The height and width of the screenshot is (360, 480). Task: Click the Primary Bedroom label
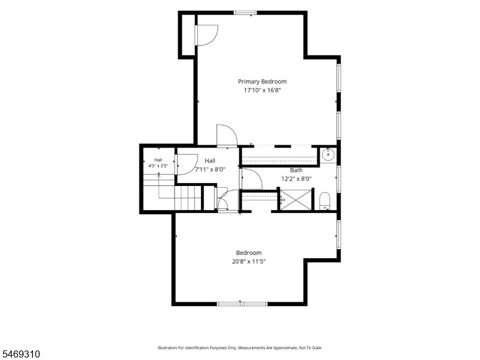click(x=262, y=82)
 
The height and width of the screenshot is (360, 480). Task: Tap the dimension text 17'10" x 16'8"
click(x=262, y=91)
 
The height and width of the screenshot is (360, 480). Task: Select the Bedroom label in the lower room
click(x=248, y=253)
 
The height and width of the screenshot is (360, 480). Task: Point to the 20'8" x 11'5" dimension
click(x=248, y=262)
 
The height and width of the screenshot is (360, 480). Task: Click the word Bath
click(x=296, y=170)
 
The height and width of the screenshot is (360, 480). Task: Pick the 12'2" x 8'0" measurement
click(x=296, y=179)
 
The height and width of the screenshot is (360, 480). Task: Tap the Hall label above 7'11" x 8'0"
click(x=210, y=161)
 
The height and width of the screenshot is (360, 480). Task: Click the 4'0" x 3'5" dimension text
click(x=158, y=166)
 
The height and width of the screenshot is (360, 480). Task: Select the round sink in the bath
click(x=328, y=155)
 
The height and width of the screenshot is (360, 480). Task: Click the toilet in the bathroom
click(x=325, y=201)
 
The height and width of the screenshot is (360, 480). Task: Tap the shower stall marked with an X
click(x=296, y=200)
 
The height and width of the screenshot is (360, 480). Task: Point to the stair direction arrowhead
click(x=158, y=175)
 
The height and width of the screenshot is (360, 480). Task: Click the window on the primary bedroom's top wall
click(x=245, y=13)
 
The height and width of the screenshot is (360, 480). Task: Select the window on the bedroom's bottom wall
click(x=242, y=304)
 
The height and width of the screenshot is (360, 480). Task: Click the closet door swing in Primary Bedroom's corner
click(x=207, y=35)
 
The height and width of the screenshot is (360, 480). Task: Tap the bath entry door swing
click(x=252, y=179)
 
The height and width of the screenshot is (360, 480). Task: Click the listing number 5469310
click(x=20, y=354)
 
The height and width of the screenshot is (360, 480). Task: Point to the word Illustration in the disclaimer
click(x=167, y=348)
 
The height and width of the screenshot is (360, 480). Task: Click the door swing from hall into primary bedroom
click(x=227, y=136)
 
